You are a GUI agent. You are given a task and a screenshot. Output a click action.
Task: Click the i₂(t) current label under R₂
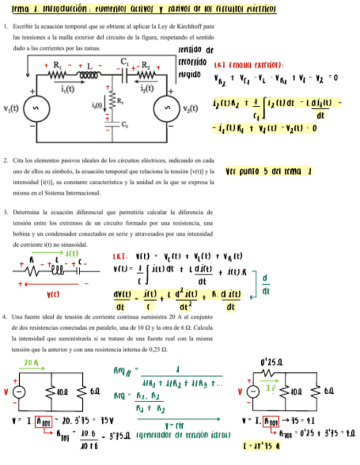147,87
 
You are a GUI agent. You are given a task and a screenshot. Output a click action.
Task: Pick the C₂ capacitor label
126,126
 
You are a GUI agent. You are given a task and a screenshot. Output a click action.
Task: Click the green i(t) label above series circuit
70,253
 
